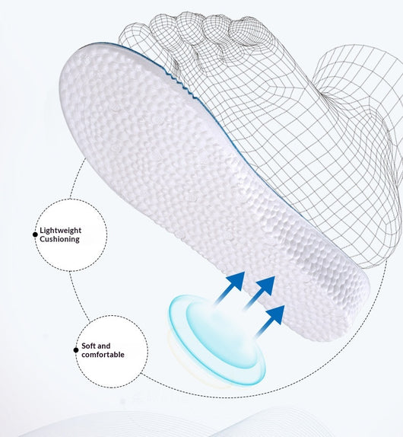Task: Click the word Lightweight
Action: (x=60, y=231)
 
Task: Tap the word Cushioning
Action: (x=59, y=239)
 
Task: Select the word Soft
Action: (x=88, y=346)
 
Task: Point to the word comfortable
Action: (x=103, y=355)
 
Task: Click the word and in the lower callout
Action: (x=104, y=346)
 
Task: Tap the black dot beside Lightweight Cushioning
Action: (x=35, y=234)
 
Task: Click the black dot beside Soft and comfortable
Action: (x=76, y=350)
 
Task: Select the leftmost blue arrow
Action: (x=230, y=289)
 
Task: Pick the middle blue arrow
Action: (x=259, y=293)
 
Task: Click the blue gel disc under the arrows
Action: (x=217, y=341)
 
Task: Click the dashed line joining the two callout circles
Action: (x=79, y=296)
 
